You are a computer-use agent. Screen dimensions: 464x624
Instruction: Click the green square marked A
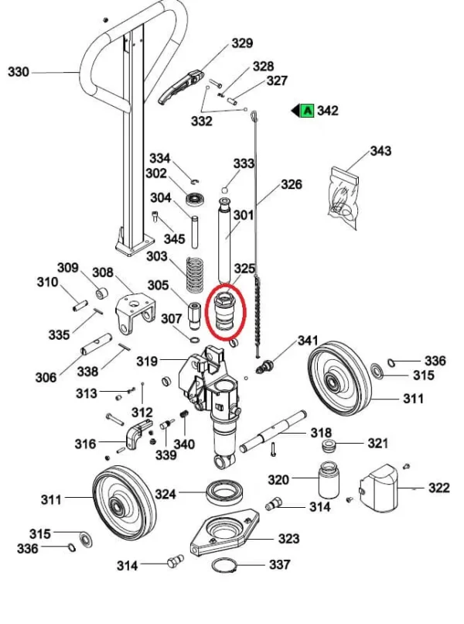point(308,110)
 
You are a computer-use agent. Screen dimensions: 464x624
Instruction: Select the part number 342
point(328,110)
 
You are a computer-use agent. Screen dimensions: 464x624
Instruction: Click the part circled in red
point(227,311)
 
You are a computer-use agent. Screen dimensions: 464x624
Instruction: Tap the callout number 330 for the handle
point(19,72)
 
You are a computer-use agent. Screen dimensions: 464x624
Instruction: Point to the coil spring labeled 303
point(195,274)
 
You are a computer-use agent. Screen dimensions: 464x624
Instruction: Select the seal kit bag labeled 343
point(343,197)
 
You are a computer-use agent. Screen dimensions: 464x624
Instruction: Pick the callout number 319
point(147,362)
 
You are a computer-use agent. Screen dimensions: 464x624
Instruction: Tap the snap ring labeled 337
point(223,565)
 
